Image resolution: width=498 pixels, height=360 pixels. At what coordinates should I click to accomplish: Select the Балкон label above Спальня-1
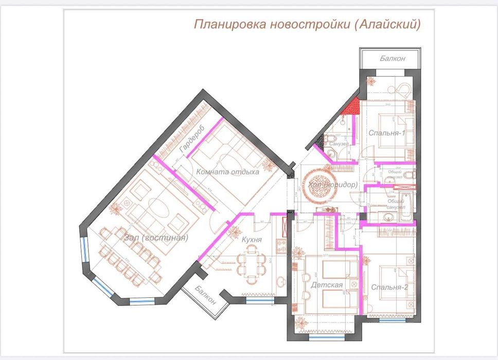pos(393,59)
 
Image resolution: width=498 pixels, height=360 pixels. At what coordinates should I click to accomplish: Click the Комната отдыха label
pos(228,172)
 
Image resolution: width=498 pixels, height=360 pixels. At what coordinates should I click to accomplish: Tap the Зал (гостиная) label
pos(156,238)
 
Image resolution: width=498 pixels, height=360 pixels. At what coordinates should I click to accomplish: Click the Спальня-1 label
pos(387,133)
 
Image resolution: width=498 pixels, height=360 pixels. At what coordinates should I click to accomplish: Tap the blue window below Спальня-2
pos(389,320)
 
